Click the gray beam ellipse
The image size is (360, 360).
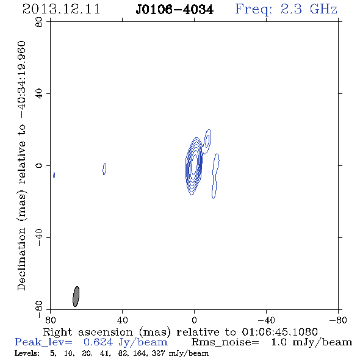[x=76, y=297]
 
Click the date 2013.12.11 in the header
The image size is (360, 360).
[x=61, y=9]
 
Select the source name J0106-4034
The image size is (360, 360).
[x=175, y=10]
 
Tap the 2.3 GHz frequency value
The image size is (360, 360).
[x=309, y=9]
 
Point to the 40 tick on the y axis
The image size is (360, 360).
[x=39, y=94]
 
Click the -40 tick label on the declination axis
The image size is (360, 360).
[x=39, y=237]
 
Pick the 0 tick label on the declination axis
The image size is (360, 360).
[x=39, y=165]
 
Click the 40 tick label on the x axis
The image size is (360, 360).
[x=123, y=320]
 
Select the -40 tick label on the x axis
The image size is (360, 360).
[x=266, y=320]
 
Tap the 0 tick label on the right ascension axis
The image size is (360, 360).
[x=194, y=320]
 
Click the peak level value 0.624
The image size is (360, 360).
[x=98, y=342]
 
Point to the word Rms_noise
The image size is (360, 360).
[x=225, y=342]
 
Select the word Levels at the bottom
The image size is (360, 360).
[x=27, y=353]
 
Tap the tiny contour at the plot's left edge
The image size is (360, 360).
[x=54, y=175]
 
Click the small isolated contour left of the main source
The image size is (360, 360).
[x=104, y=169]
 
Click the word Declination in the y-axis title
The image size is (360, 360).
[x=21, y=259]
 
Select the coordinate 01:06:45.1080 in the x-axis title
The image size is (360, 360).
[x=280, y=332]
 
